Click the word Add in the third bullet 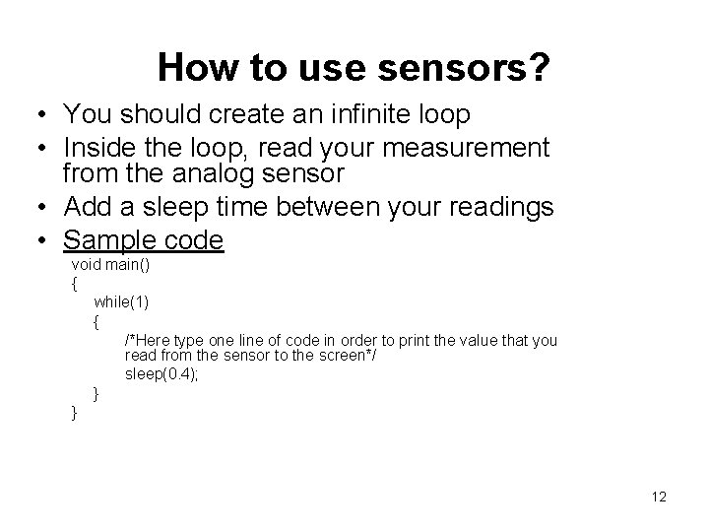click(86, 208)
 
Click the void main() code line click(110, 265)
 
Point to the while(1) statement click(121, 301)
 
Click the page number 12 click(659, 497)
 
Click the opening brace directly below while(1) click(97, 321)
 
